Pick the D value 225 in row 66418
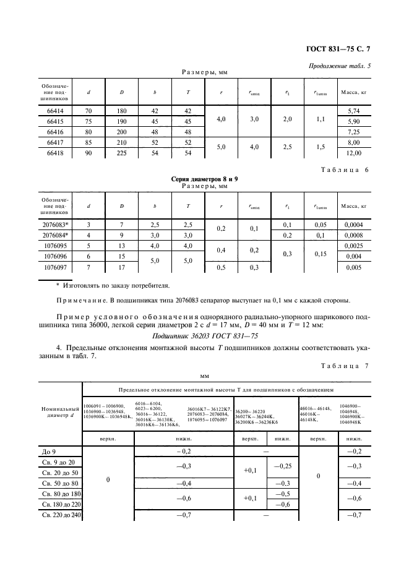pos(122,153)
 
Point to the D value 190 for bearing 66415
pos(122,121)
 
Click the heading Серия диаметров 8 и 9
pos(204,178)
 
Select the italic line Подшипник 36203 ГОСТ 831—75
pos(204,336)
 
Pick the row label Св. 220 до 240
pos(61,515)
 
